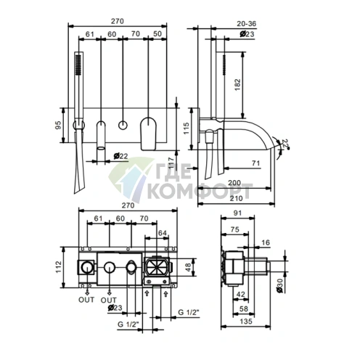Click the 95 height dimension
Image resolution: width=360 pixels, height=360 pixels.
coord(59,125)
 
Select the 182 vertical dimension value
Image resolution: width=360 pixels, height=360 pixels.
coord(237,85)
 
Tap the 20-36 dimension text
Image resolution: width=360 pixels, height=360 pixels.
coord(246,24)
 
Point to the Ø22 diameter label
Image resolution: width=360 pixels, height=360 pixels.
coord(120,156)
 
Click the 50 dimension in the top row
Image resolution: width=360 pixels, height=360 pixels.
coord(157,34)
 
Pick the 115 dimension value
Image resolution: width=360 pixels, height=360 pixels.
coord(187,128)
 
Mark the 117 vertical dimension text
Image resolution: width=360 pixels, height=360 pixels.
coord(171,163)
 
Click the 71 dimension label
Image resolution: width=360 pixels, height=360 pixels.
coord(255,163)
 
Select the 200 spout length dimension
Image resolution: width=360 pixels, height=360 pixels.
coord(234,183)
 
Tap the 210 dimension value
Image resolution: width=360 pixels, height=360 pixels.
coord(236,198)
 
